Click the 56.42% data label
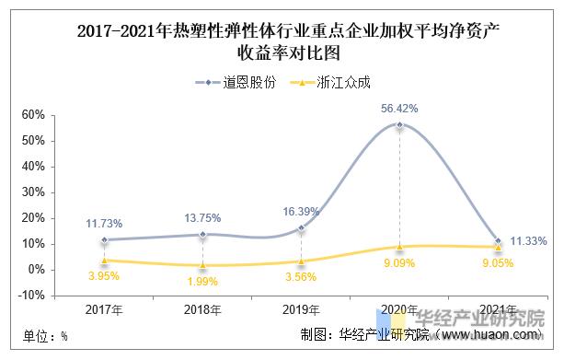tap(399, 108)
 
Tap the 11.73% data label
tap(104, 224)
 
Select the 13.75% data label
tap(202, 218)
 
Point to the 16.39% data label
tap(300, 211)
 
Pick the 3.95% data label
tap(104, 276)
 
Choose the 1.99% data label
tap(202, 281)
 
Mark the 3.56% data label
tap(300, 277)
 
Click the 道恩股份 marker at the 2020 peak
tap(399, 124)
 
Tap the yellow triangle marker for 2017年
tap(104, 260)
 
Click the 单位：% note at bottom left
tap(39, 337)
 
